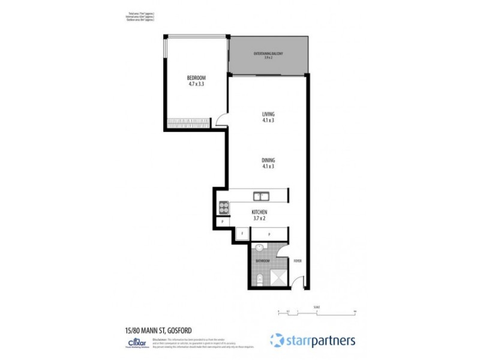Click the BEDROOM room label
click(x=196, y=81)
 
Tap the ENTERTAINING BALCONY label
click(x=268, y=56)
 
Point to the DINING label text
click(x=268, y=163)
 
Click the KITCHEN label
click(x=259, y=215)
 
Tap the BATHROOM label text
click(x=262, y=261)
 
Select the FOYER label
click(x=297, y=261)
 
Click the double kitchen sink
click(x=260, y=195)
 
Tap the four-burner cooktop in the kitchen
click(x=223, y=207)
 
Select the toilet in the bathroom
click(x=257, y=278)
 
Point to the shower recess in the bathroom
click(x=278, y=278)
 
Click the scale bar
click(x=317, y=311)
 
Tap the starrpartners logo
click(x=313, y=340)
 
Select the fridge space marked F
click(x=242, y=233)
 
